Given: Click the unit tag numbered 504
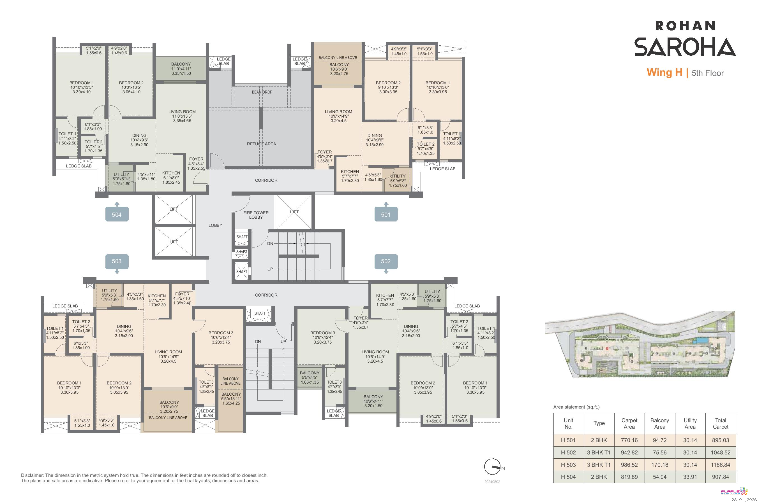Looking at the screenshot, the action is tap(117, 214).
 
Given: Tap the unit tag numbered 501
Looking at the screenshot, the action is tap(386, 214).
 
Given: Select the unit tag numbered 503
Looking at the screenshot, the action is tap(117, 261).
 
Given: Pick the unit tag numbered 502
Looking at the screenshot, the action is tap(386, 261).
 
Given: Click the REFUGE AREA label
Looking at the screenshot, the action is tap(261, 144).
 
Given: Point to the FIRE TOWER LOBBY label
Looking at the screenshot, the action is tap(256, 215).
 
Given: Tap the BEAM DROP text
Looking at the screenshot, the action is tap(262, 92).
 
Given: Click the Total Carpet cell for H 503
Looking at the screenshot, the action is tap(720, 465).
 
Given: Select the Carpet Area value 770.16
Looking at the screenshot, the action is tap(629, 440).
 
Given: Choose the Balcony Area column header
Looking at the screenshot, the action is tap(659, 424).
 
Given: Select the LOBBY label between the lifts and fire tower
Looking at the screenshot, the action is tap(215, 226).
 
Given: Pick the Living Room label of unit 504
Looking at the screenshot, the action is tap(182, 116).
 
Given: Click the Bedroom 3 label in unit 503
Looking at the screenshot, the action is tap(221, 337).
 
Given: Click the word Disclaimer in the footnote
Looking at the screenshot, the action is tap(32, 475).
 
